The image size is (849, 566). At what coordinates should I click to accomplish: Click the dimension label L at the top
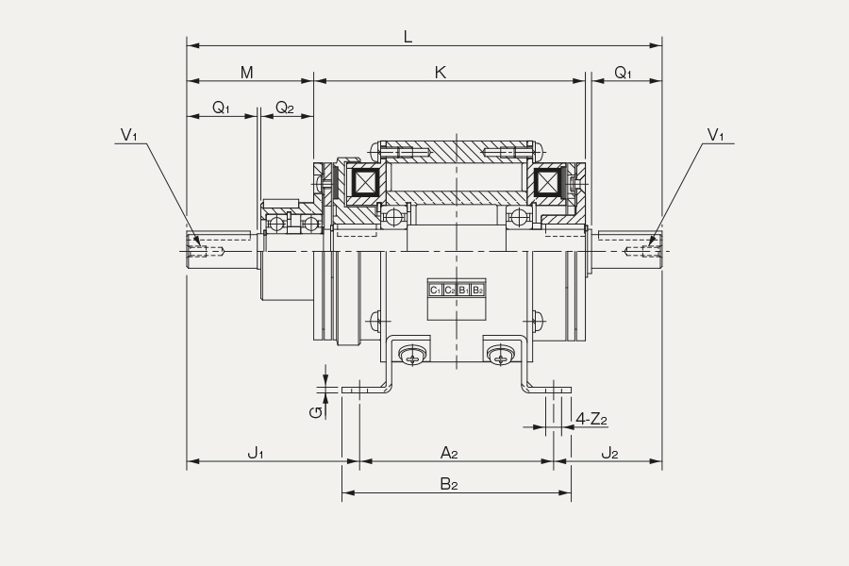pyautogui.click(x=408, y=37)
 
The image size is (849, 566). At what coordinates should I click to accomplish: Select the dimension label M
pyautogui.click(x=246, y=72)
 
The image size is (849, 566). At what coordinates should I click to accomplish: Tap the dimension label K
pyautogui.click(x=441, y=72)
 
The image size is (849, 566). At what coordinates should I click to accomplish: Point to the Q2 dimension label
pyautogui.click(x=285, y=108)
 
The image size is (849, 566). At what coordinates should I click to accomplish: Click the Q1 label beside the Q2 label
pyautogui.click(x=221, y=108)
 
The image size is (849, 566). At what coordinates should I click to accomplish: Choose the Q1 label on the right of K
pyautogui.click(x=623, y=73)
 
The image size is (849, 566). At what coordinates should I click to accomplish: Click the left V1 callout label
pyautogui.click(x=129, y=135)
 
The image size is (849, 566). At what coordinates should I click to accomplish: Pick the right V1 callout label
pyautogui.click(x=715, y=135)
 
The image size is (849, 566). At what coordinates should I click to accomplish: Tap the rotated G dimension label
pyautogui.click(x=316, y=412)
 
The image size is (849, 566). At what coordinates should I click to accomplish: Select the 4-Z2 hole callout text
pyautogui.click(x=591, y=419)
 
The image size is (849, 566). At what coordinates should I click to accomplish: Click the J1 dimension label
pyautogui.click(x=256, y=452)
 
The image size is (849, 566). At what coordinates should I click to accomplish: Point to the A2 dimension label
pyautogui.click(x=449, y=452)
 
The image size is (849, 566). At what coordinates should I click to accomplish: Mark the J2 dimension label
pyautogui.click(x=609, y=452)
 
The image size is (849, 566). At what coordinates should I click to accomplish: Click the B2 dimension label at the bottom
pyautogui.click(x=449, y=484)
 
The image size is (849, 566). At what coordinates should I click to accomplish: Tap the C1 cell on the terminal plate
pyautogui.click(x=435, y=291)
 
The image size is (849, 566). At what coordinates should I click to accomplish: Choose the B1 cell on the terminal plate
pyautogui.click(x=463, y=291)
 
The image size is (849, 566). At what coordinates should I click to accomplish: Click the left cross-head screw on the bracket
pyautogui.click(x=412, y=356)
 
